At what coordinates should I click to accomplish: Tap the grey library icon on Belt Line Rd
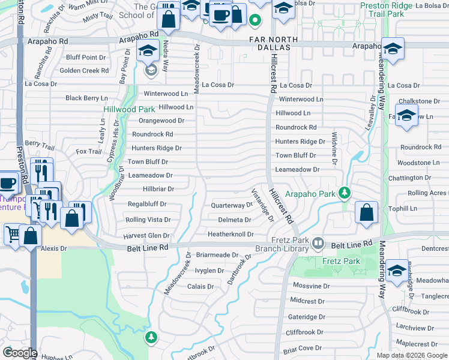point(318,244)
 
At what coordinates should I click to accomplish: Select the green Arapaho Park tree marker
point(344,193)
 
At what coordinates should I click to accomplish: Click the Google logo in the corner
point(20,352)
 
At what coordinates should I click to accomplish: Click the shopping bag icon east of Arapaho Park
point(366,212)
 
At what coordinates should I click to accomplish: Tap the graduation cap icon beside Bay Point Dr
point(146,52)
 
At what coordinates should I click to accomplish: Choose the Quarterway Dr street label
point(232,205)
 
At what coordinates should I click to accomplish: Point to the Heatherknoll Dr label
point(231,234)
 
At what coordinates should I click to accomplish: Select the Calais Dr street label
point(200,287)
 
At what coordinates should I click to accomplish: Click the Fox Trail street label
point(89,152)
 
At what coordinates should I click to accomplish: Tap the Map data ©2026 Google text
point(411,355)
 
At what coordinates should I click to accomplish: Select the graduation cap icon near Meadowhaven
point(397,270)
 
